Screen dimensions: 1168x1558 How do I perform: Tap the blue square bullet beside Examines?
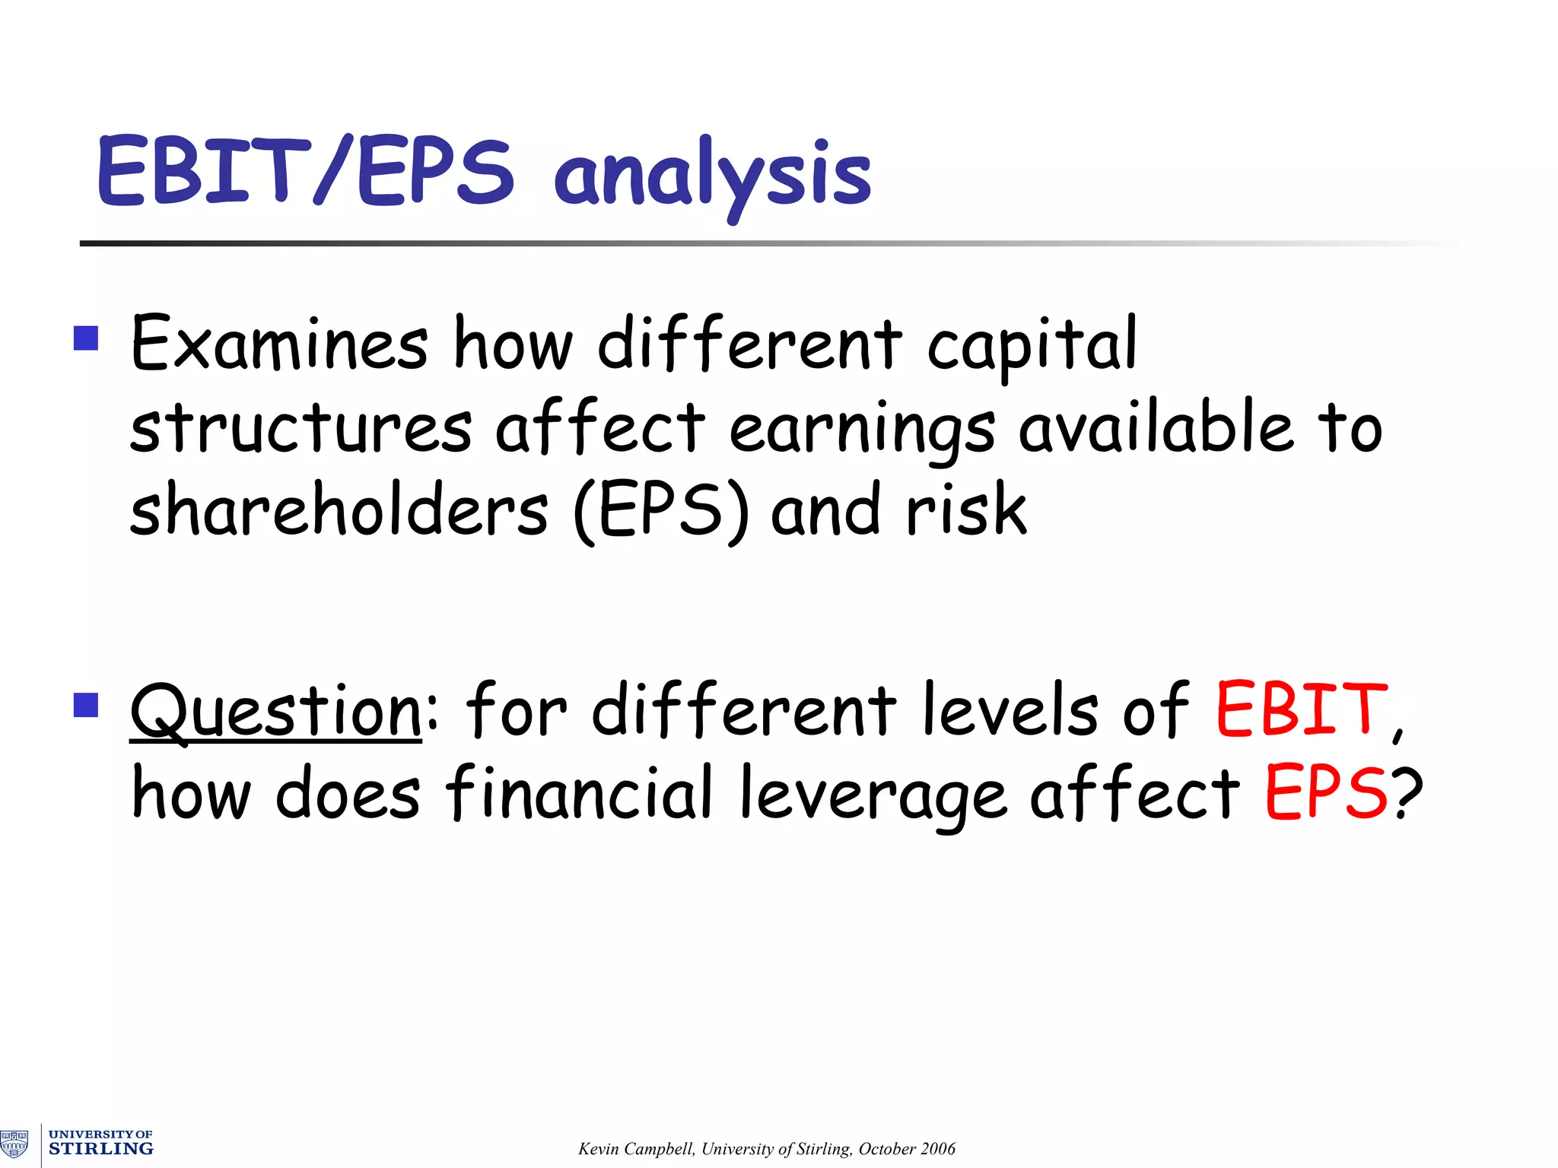[86, 338]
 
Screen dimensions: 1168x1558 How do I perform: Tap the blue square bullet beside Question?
[86, 705]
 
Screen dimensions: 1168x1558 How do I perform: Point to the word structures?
[300, 428]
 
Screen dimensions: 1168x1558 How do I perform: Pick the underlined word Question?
[275, 712]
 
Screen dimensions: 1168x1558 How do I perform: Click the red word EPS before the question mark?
[1327, 794]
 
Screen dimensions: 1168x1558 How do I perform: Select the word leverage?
[873, 795]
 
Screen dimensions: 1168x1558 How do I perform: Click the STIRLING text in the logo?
[100, 1149]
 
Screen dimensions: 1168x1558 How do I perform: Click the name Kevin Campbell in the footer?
[636, 1149]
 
